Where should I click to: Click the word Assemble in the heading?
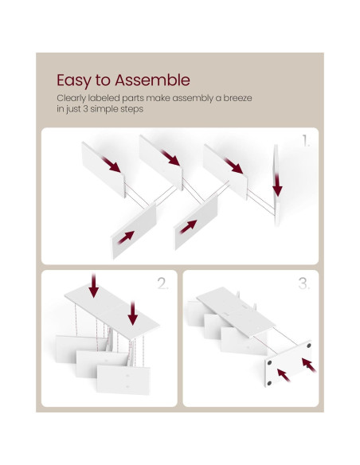pyautogui.click(x=152, y=80)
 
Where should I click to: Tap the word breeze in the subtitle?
pyautogui.click(x=237, y=98)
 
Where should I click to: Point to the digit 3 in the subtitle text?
pyautogui.click(x=85, y=109)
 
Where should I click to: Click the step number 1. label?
pyautogui.click(x=306, y=141)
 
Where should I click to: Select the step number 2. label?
pyautogui.click(x=162, y=283)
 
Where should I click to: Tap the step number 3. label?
pyautogui.click(x=304, y=283)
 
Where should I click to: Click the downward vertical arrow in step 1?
pyautogui.click(x=277, y=185)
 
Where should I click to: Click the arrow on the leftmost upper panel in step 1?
pyautogui.click(x=112, y=165)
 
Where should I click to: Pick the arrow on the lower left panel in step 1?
pyautogui.click(x=126, y=237)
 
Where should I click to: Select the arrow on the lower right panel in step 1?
pyautogui.click(x=188, y=227)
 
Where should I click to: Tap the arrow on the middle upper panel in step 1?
pyautogui.click(x=170, y=158)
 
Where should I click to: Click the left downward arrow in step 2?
pyautogui.click(x=94, y=286)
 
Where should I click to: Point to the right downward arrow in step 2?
pyautogui.click(x=133, y=313)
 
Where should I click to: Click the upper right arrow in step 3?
pyautogui.click(x=309, y=365)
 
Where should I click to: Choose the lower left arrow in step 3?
pyautogui.click(x=284, y=375)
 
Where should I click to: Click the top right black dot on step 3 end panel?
pyautogui.click(x=309, y=346)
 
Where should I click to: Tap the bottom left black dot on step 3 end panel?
pyautogui.click(x=269, y=383)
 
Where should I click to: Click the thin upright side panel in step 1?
pyautogui.click(x=276, y=185)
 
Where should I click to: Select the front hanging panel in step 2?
pyautogui.click(x=123, y=380)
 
